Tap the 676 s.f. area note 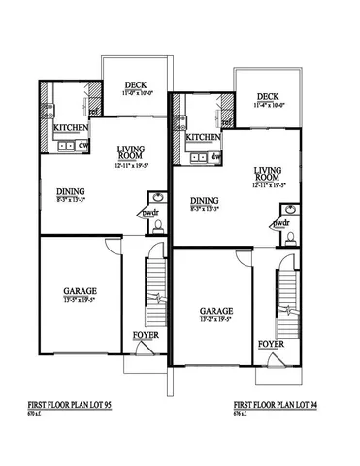243,412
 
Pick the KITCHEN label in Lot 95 72,128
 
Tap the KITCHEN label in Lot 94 204,138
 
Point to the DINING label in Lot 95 71,191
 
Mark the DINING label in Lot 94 203,201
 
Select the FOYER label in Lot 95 145,335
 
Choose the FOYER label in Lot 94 271,345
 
